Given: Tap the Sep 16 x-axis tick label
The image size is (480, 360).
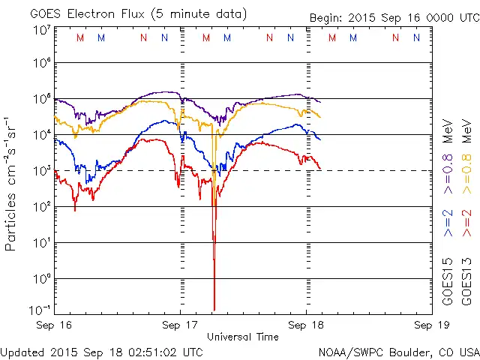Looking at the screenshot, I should tap(55, 325).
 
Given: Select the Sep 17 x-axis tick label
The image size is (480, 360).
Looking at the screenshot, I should tap(180, 325).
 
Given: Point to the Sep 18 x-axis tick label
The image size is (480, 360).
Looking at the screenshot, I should tap(305, 325).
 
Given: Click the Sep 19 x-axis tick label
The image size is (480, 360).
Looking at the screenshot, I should tap(424, 325).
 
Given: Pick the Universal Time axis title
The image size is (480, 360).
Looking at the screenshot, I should tap(242, 337).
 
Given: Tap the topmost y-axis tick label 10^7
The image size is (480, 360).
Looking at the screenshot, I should tap(41, 29).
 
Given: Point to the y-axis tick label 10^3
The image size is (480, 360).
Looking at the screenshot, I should tap(41, 170).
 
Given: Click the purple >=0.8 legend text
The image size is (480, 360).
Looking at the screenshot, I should tap(448, 178).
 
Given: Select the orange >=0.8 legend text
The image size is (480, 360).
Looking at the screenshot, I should tap(466, 178).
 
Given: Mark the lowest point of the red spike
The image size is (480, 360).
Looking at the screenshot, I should tap(214, 309).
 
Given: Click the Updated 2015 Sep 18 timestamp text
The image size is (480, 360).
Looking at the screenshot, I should tap(102, 352).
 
